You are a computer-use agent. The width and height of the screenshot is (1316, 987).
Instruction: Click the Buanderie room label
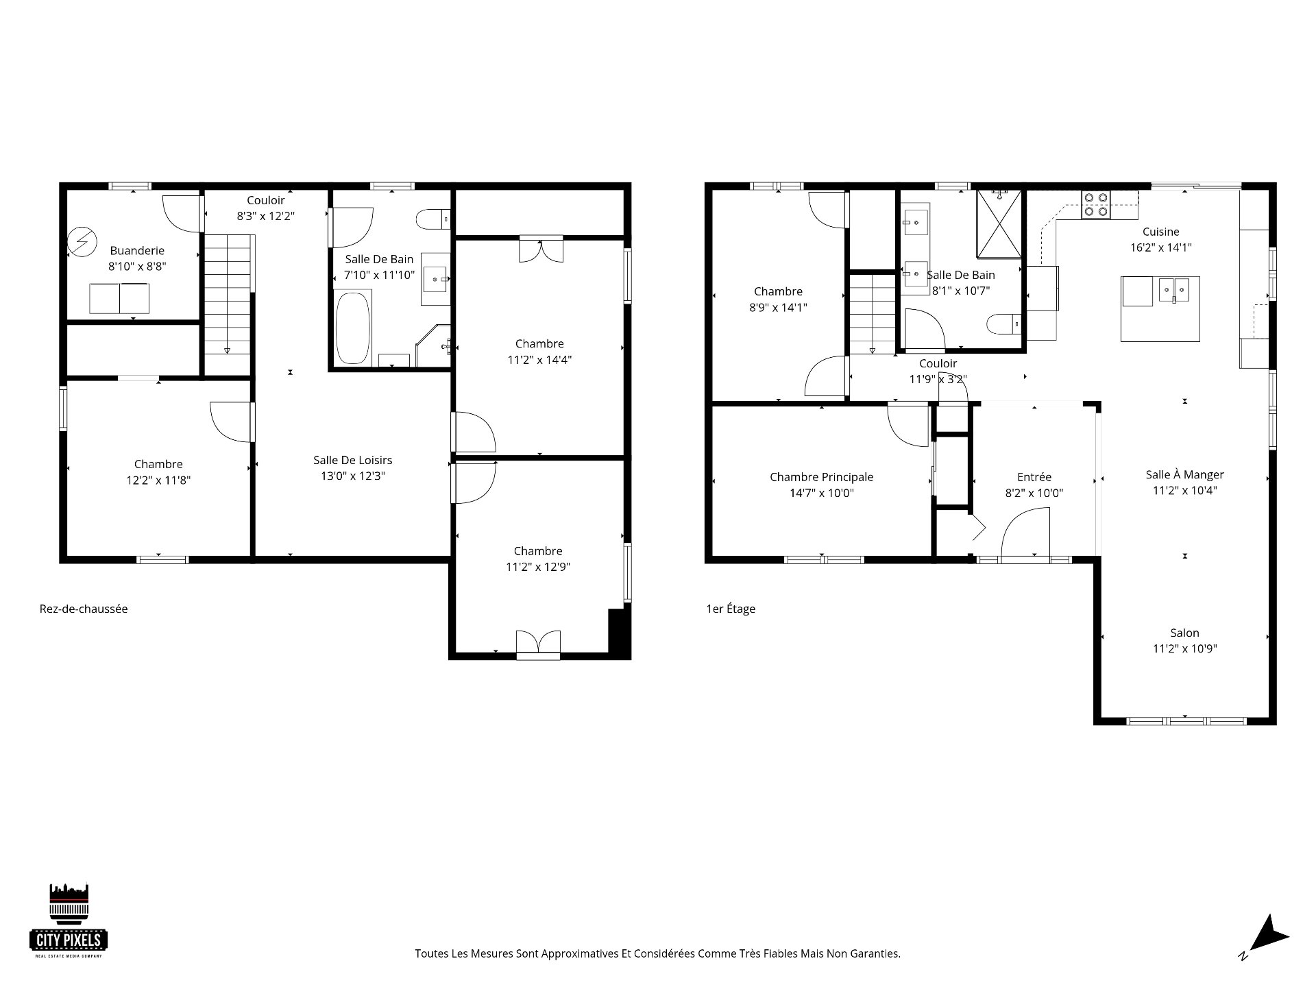click(137, 251)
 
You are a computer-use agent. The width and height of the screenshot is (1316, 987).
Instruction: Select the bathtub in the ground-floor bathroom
click(353, 328)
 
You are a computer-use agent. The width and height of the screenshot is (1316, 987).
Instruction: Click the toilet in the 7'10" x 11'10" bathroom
click(432, 219)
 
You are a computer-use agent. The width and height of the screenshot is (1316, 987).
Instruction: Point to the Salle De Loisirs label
click(353, 460)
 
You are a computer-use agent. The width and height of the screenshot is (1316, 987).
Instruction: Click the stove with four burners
click(1095, 204)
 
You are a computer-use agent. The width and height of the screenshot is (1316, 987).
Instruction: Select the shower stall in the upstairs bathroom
click(999, 223)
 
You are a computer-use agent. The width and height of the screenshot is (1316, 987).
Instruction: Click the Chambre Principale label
click(822, 477)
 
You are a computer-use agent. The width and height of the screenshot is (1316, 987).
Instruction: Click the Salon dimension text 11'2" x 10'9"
click(1185, 648)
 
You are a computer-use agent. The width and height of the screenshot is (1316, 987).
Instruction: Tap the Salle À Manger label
click(1185, 474)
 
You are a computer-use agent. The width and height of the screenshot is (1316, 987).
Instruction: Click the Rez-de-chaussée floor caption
click(84, 609)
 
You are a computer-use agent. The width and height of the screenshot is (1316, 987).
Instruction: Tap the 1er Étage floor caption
click(731, 609)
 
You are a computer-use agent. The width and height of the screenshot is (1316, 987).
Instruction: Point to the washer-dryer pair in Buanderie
click(119, 298)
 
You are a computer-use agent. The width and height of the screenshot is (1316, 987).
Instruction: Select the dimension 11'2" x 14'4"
click(539, 360)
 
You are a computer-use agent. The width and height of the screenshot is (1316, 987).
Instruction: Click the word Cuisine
click(1161, 232)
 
